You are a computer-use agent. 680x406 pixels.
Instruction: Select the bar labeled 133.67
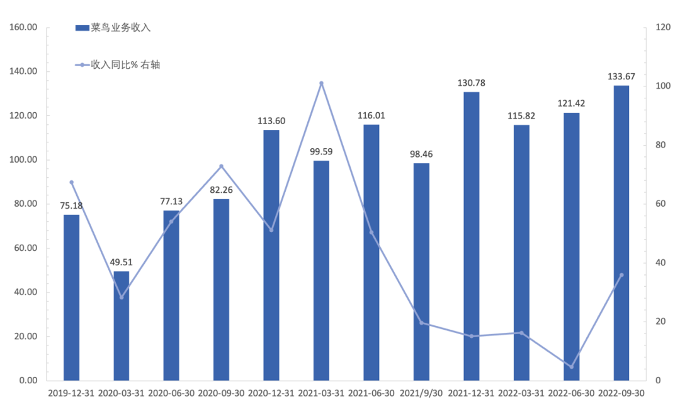[x=621, y=233]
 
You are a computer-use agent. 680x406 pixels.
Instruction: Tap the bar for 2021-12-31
[x=472, y=236]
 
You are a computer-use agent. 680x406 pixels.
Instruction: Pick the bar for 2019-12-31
[x=72, y=297]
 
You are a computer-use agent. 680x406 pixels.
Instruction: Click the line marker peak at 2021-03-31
[x=321, y=83]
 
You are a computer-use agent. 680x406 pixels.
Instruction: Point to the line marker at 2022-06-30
[x=572, y=367]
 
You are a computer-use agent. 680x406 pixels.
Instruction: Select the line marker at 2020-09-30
[x=221, y=166]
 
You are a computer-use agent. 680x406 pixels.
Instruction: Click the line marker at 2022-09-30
[x=621, y=275]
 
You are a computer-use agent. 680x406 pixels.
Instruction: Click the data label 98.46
[x=421, y=154]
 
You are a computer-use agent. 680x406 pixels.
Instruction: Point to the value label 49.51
[x=122, y=262]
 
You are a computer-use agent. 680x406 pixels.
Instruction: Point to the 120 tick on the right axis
[x=662, y=28]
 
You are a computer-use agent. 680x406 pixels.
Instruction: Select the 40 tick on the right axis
[x=660, y=263]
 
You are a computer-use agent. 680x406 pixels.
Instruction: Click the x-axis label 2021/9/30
[x=421, y=393]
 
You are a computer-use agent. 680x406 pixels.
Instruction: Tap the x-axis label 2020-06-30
[x=171, y=393]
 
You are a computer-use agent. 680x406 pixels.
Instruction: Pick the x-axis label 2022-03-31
[x=521, y=393]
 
